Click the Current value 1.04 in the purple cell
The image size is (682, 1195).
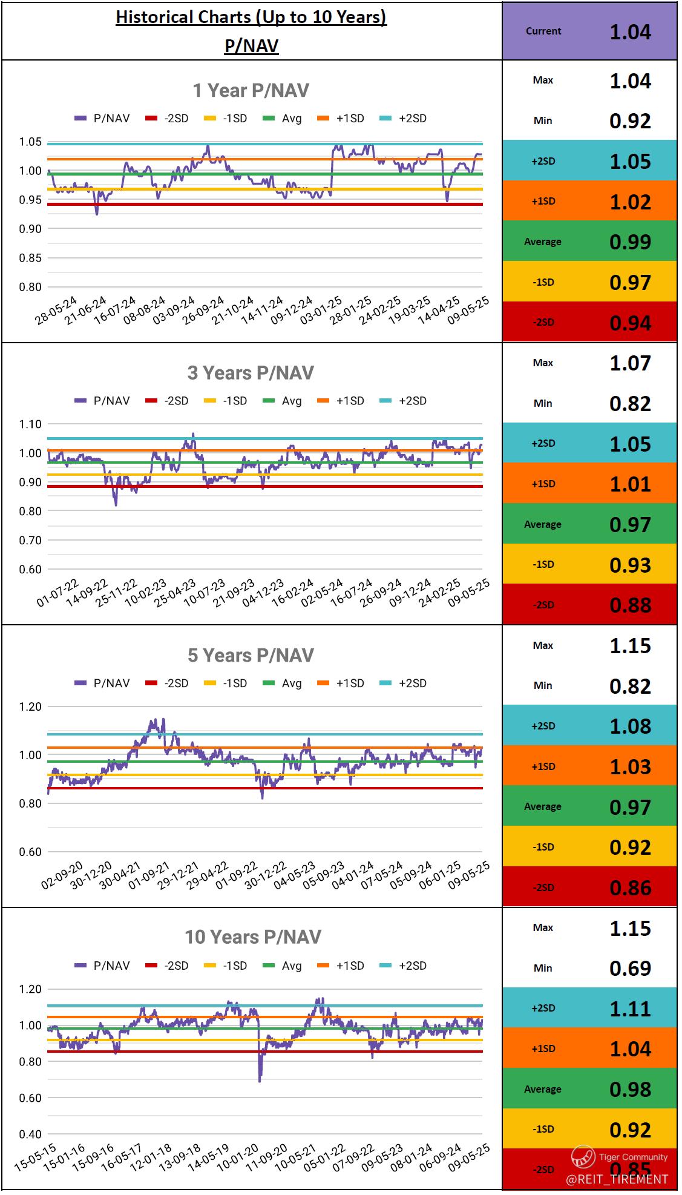tap(630, 31)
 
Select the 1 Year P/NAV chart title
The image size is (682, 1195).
tap(251, 91)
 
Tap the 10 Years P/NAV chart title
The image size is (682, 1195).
tap(252, 937)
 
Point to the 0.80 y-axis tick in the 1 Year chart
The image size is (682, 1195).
tap(30, 287)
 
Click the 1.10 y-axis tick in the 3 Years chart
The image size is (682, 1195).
tap(30, 424)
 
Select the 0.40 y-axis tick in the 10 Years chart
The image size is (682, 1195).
tap(30, 1134)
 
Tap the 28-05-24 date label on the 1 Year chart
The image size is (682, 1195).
tap(56, 311)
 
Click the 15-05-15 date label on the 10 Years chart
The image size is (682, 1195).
tap(35, 1157)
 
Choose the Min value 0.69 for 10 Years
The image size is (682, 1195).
tap(630, 969)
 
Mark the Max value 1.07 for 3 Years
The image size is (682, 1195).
tap(630, 363)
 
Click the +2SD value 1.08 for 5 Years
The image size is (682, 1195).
tap(630, 726)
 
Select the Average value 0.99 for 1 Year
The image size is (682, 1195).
tap(630, 242)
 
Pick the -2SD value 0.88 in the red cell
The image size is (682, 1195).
tap(630, 605)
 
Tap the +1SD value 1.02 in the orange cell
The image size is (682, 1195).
tap(630, 202)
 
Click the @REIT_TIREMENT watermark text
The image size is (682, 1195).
tap(617, 1179)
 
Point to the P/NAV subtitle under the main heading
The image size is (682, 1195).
tap(251, 46)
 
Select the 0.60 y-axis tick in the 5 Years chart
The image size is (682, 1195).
tap(30, 852)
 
